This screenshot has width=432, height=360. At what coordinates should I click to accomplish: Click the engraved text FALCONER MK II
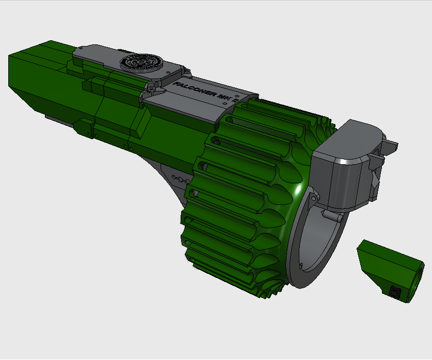click(204, 92)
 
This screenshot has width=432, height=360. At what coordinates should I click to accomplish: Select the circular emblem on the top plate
click(140, 62)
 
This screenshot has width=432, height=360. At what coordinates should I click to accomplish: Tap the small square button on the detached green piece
click(395, 292)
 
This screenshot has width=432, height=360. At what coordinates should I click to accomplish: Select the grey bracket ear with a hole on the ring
click(313, 197)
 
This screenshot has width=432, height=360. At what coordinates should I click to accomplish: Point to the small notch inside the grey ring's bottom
click(299, 265)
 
